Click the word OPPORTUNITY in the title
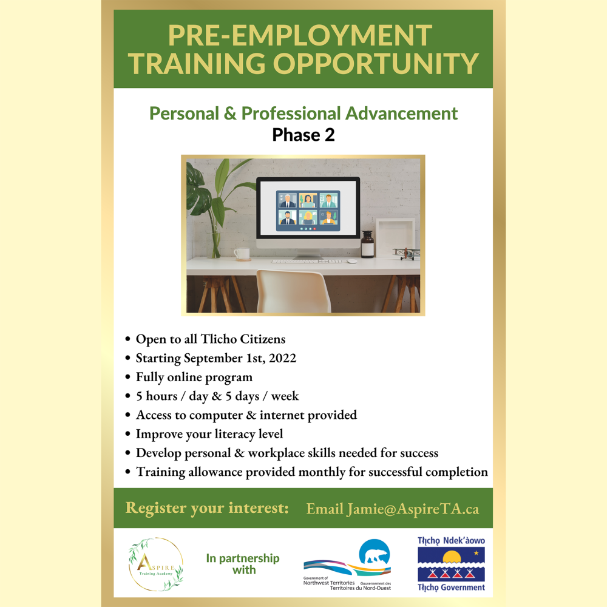pyautogui.click(x=376, y=64)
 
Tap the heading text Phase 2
pyautogui.click(x=303, y=135)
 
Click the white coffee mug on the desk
pyautogui.click(x=242, y=254)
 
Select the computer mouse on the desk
pyautogui.click(x=351, y=261)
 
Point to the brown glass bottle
pyautogui.click(x=367, y=244)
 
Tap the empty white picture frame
pyautogui.click(x=395, y=237)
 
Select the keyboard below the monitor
pyautogui.click(x=307, y=261)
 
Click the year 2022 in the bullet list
pyautogui.click(x=283, y=358)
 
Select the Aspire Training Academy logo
pyautogui.click(x=156, y=564)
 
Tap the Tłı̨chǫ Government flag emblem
pyautogui.click(x=452, y=564)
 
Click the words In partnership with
pyautogui.click(x=243, y=564)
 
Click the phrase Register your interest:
pyautogui.click(x=207, y=508)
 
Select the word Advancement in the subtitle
pyautogui.click(x=401, y=114)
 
